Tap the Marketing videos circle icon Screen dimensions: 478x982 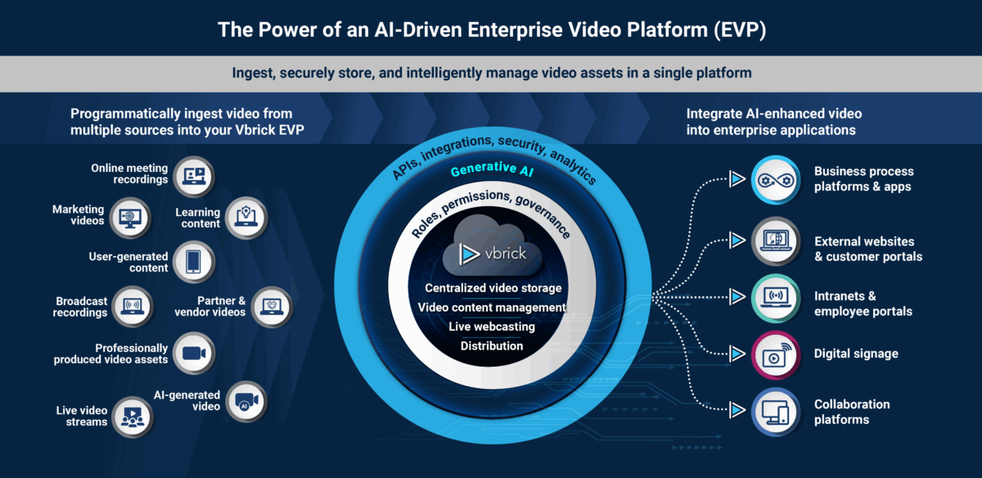131,216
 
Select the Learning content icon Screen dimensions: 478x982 245,217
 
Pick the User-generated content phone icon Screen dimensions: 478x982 194,262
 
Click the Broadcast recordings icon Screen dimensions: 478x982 132,307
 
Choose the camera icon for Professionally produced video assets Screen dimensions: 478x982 194,353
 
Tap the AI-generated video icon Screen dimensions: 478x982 245,401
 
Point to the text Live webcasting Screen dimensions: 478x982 491,327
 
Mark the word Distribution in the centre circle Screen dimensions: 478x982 491,346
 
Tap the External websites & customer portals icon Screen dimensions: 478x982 773,242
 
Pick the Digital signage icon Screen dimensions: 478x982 773,354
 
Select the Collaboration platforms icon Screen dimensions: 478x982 773,412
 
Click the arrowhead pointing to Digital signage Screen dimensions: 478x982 737,354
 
